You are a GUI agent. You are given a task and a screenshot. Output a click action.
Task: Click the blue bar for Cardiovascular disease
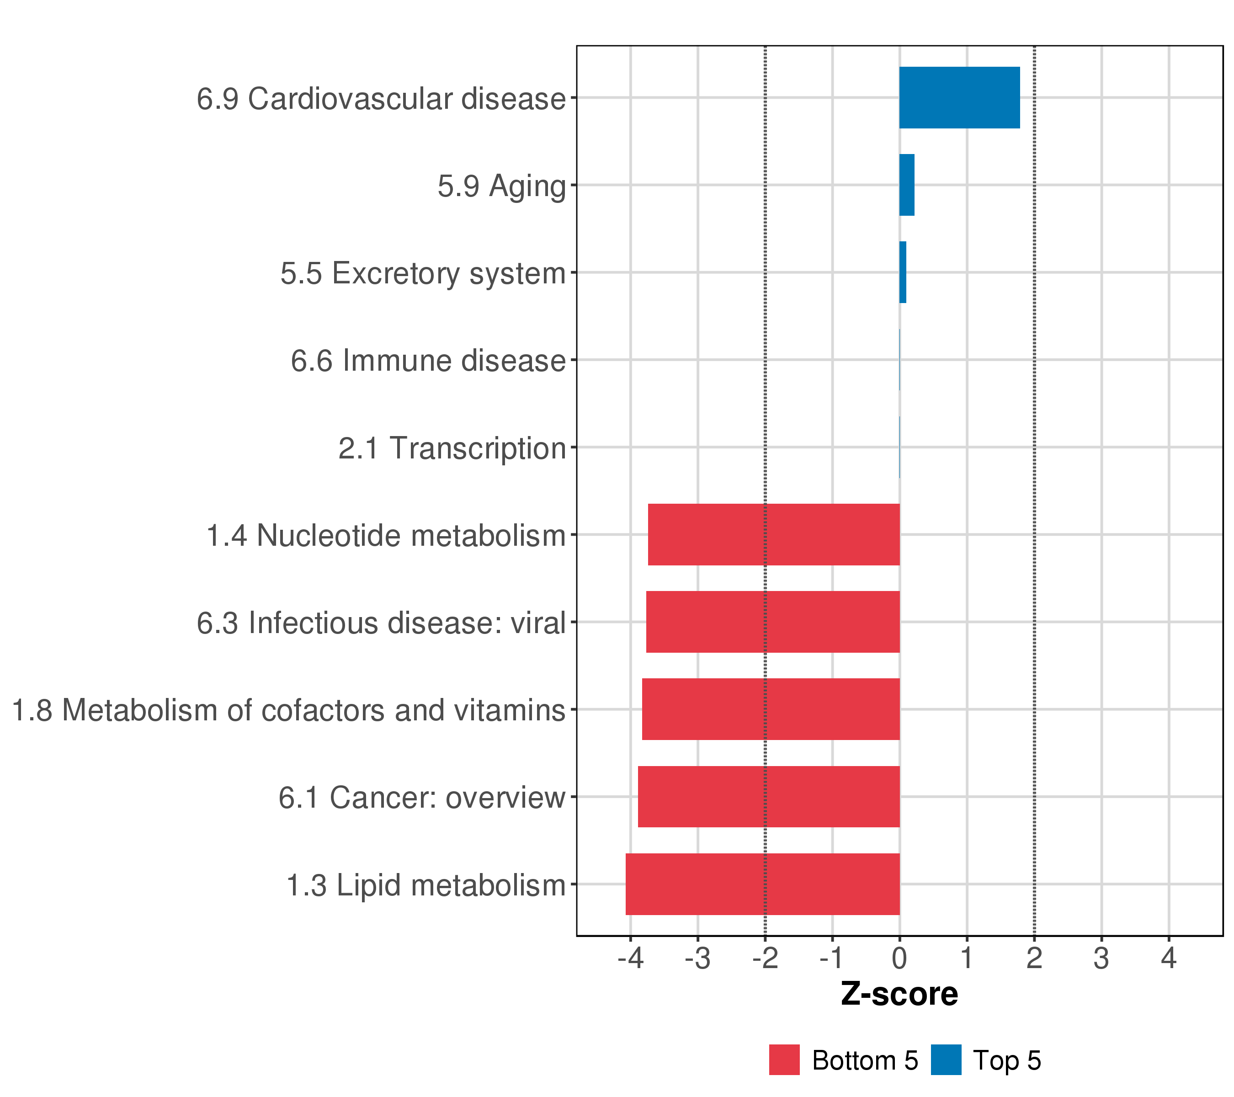pos(959,98)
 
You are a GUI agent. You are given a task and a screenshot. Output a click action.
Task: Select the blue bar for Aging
pos(907,185)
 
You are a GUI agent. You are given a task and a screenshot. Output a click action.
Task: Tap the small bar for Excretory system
pos(903,272)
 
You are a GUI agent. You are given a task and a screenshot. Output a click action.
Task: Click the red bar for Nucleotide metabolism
pos(773,534)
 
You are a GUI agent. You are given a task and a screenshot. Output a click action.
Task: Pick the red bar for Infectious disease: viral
pos(773,622)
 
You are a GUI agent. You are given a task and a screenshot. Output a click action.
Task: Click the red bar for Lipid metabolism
pos(762,884)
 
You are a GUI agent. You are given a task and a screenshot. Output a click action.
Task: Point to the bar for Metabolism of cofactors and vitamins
pos(771,709)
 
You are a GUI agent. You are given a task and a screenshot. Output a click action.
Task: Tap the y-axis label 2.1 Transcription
pos(452,448)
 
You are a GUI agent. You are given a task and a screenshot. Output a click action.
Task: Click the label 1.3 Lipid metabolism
pos(426,885)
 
